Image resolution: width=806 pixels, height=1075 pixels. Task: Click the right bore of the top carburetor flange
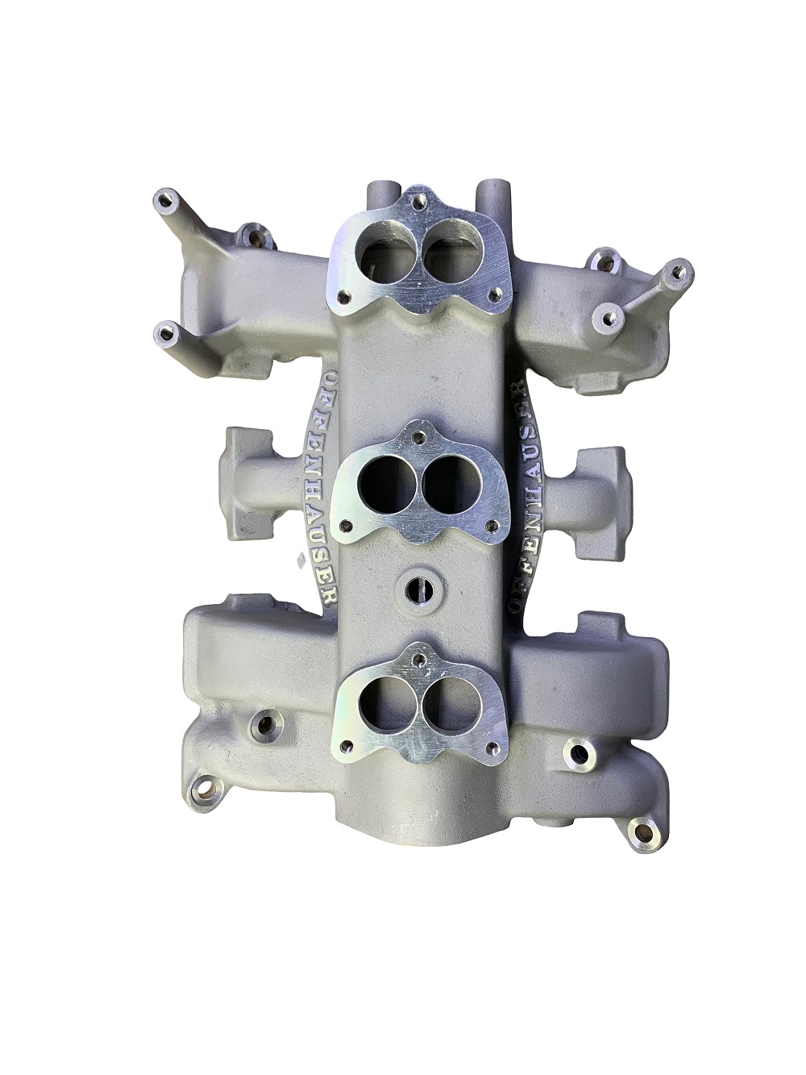pos(451,248)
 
